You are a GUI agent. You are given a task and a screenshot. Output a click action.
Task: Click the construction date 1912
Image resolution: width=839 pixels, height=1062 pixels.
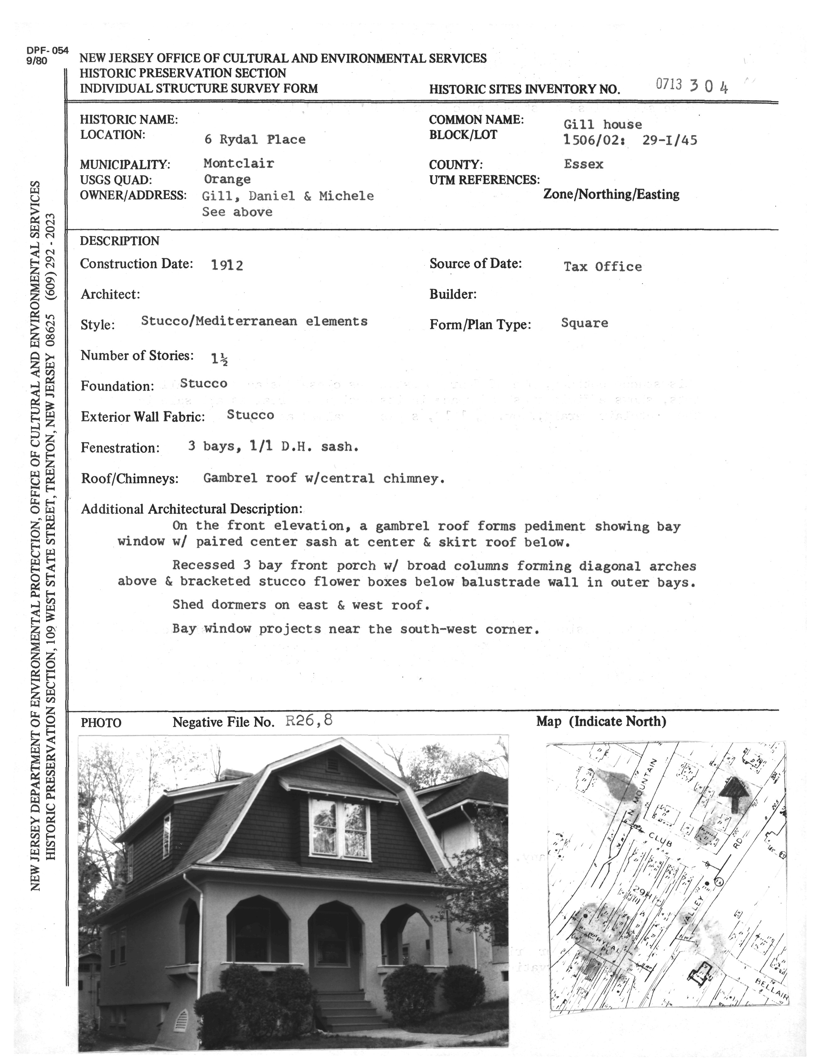(227, 265)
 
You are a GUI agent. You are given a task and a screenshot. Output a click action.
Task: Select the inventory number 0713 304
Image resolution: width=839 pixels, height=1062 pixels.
(692, 86)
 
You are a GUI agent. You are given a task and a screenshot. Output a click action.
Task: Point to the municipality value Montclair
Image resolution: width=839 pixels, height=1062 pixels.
(239, 163)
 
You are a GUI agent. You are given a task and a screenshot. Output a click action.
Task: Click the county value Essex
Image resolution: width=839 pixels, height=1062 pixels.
(584, 164)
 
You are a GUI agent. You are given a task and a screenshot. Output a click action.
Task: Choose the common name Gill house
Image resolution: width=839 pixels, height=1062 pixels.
(603, 124)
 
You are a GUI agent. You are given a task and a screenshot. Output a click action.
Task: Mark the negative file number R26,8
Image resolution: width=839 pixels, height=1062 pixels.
(309, 721)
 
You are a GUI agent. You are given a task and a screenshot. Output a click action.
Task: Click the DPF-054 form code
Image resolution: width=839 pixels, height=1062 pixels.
(48, 50)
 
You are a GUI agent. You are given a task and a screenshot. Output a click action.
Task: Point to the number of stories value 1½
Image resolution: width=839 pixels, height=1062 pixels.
(219, 359)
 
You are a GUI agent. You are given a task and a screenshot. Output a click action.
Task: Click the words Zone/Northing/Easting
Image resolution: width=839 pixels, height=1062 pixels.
(611, 195)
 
